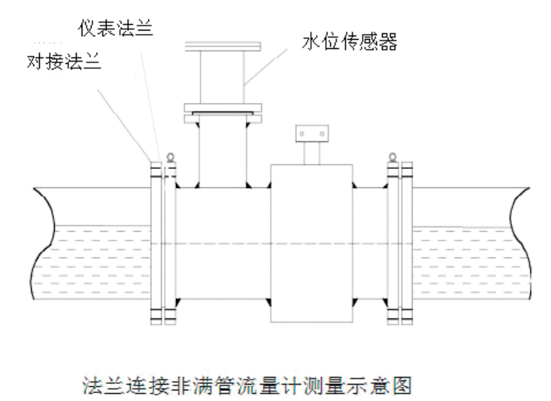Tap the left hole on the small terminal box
[x=301, y=133]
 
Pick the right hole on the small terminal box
[x=320, y=133]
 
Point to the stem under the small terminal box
[x=311, y=150]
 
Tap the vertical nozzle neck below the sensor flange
[x=222, y=153]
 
